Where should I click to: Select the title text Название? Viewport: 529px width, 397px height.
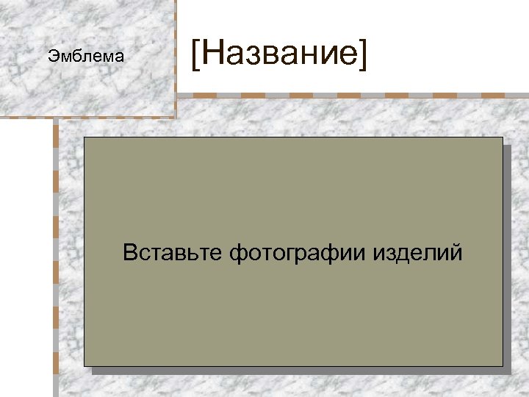tap(278, 55)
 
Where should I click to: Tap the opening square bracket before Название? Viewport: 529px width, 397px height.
tap(195, 56)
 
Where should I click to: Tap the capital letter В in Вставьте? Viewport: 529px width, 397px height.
tap(130, 254)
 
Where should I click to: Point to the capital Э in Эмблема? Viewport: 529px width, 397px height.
tap(51, 56)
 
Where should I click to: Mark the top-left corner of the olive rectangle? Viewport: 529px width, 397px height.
tap(84, 137)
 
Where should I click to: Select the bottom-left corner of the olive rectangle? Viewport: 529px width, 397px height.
tap(84, 365)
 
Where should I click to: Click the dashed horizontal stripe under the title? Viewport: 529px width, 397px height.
tap(353, 96)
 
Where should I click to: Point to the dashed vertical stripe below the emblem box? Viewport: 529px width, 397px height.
tap(56, 257)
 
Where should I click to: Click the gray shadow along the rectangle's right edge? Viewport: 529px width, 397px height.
tap(507, 257)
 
